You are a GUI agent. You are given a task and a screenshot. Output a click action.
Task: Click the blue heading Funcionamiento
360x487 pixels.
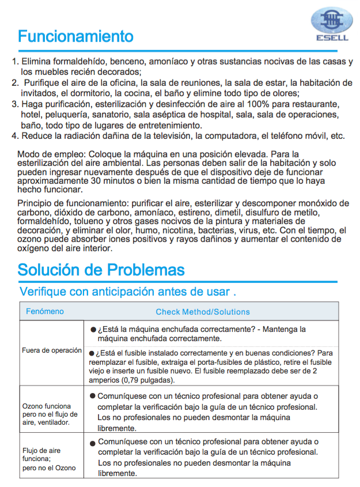tap(75, 36)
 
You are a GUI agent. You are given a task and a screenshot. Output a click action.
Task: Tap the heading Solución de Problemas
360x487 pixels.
tap(101, 270)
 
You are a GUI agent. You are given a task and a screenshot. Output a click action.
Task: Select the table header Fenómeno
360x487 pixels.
tap(45, 312)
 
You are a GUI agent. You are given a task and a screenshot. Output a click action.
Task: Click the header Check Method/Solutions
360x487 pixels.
tap(203, 312)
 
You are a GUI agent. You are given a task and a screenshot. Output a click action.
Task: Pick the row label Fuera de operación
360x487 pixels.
tap(52, 350)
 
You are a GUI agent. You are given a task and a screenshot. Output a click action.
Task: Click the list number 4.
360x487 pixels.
tap(14, 136)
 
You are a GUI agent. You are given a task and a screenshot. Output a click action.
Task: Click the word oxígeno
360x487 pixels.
tap(36, 248)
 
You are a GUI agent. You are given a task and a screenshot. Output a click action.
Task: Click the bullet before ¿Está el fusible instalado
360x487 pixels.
tap(92, 353)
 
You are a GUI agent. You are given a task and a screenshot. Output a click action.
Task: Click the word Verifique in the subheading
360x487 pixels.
tap(42, 291)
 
